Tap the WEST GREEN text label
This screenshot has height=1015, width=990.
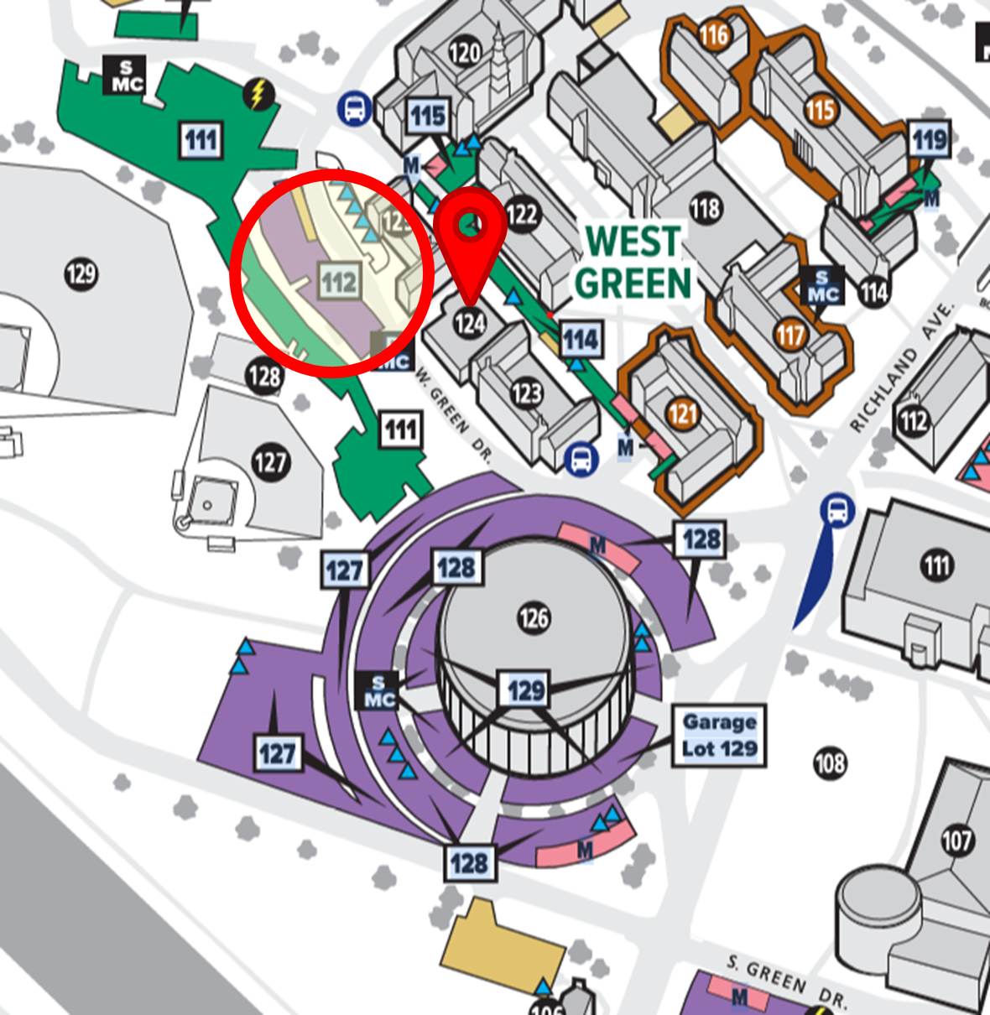coord(633,263)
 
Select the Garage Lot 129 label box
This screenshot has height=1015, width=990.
coord(719,736)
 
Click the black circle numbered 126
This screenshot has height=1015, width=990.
coord(534,619)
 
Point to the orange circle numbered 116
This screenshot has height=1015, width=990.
coord(714,35)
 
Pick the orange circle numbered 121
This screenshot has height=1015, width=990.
coord(683,414)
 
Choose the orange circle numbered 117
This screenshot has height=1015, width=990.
coord(789,336)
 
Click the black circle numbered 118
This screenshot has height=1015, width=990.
coord(705,208)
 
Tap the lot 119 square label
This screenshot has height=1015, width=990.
coord(930,139)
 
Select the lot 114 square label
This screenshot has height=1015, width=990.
coord(581,340)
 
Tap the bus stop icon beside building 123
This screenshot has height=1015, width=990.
coord(581,460)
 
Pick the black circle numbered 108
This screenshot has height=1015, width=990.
coord(830,763)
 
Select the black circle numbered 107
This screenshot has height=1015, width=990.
coord(956,840)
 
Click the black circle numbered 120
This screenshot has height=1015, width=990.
coord(465,53)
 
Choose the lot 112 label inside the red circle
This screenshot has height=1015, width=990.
coord(340,281)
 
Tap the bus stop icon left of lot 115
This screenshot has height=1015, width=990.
coord(355,108)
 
